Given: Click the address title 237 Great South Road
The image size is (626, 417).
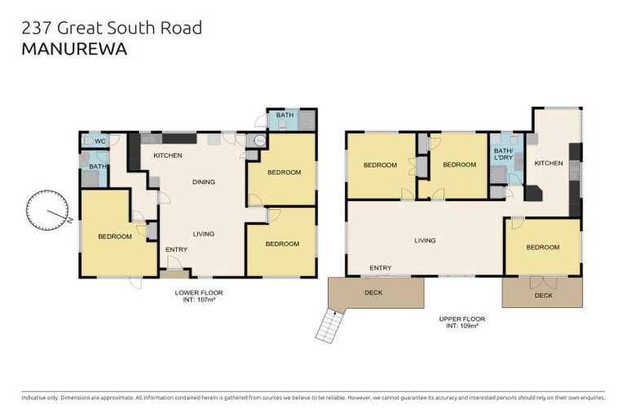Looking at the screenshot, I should tap(111, 28).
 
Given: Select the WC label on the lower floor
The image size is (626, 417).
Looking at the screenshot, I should tap(100, 141).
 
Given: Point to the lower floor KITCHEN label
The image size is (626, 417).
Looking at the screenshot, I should tap(168, 156).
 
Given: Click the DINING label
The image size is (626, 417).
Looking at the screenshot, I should tap(203, 182).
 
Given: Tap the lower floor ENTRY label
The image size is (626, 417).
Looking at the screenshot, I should tap(177, 249).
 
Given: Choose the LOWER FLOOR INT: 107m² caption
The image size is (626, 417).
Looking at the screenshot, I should tap(198, 296).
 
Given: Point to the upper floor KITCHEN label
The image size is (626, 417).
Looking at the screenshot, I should tap(549, 163).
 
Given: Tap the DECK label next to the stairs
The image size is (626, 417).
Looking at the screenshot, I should tap(373, 292).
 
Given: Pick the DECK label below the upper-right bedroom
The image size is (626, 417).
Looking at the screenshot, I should tap(544, 296).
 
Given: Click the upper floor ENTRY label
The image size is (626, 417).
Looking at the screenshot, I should tap(380, 268).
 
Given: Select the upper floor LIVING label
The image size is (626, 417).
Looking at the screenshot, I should tap(425, 240).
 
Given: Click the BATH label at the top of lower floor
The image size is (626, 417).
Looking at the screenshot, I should tap(284, 116).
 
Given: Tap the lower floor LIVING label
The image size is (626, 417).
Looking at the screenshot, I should tap(203, 234).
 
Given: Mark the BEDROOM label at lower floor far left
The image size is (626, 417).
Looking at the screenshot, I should tap(115, 236).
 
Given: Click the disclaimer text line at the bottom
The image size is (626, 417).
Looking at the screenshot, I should tap(313, 398).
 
